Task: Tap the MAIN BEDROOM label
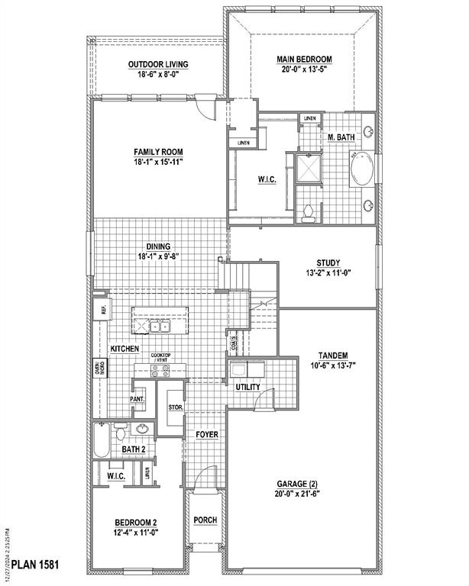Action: click(303, 58)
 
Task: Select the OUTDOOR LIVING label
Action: click(158, 64)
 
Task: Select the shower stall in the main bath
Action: click(309, 169)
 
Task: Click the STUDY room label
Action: click(328, 263)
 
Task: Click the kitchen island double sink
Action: click(159, 327)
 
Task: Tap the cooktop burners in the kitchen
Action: click(160, 372)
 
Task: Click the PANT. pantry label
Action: click(137, 399)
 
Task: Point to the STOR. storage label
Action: click(174, 407)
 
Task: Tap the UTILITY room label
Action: click(247, 388)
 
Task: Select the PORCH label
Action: click(205, 520)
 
